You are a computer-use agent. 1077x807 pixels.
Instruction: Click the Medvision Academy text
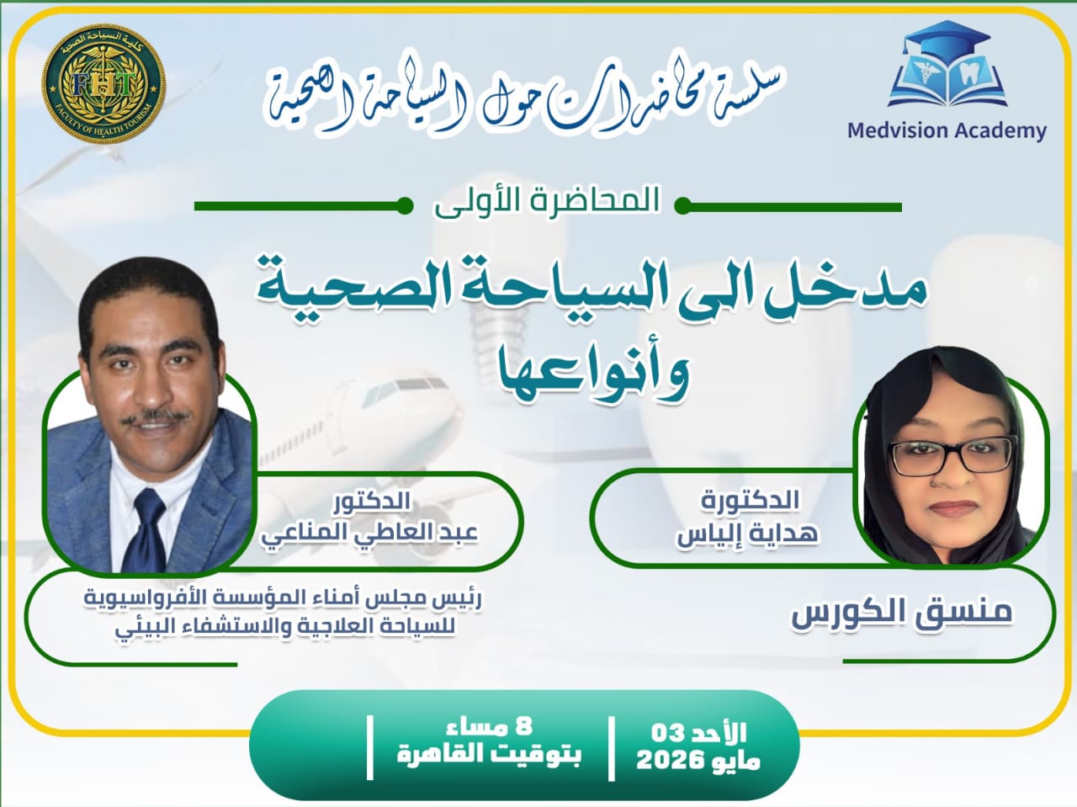[x=947, y=130]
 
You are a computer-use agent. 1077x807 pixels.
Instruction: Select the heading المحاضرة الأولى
[x=546, y=202]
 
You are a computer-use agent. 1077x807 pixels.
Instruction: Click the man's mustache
[x=153, y=417]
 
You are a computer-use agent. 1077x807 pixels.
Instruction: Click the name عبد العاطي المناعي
[x=369, y=533]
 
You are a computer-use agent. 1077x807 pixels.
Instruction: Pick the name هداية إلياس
[x=748, y=534]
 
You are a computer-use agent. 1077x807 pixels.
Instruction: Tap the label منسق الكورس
[x=901, y=611]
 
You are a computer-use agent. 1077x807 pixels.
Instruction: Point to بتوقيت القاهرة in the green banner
[x=489, y=752]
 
